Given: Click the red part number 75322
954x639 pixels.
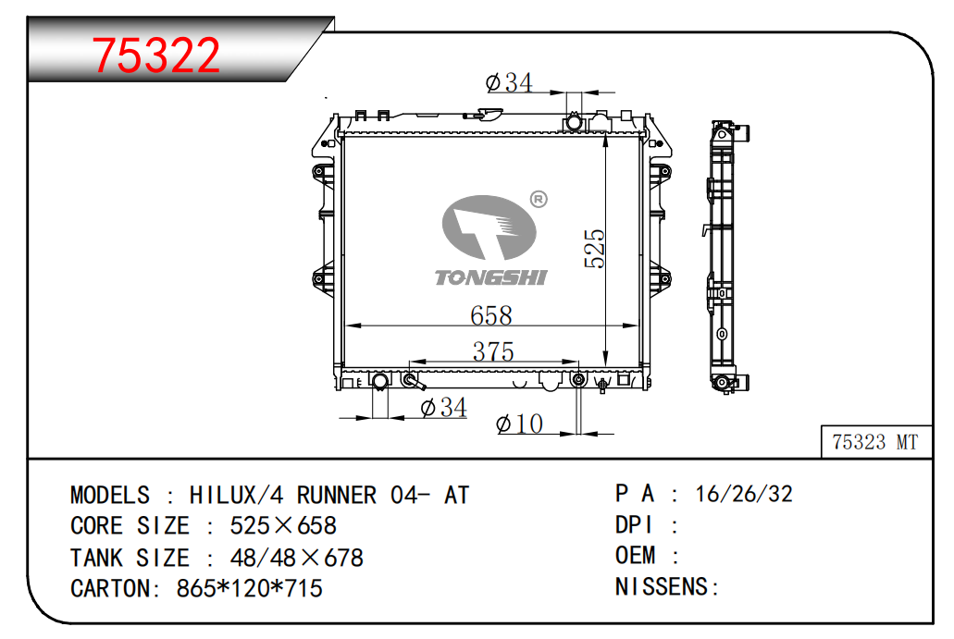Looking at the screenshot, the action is coord(155,55).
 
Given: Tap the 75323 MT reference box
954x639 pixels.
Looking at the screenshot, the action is coord(876,442).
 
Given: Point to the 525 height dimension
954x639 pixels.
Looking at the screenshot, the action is coord(594,249).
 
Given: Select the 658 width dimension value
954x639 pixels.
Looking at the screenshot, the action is coord(491,315).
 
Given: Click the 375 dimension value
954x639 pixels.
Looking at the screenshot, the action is coord(493,351).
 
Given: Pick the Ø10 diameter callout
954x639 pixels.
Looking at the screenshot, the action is coord(519,424).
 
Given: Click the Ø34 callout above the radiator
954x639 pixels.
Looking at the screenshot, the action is coord(509,82).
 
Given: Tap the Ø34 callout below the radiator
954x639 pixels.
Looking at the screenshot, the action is coord(443,408).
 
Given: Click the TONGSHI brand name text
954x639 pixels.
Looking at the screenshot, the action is coord(491,277).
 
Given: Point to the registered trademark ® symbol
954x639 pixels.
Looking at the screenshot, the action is coord(539,199).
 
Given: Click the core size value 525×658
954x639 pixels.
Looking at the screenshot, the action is coord(283,526).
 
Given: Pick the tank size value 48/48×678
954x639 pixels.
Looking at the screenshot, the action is coord(296,558).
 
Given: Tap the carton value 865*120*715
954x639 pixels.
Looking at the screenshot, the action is coord(250,588).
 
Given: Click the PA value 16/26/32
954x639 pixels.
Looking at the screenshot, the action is coord(743,494).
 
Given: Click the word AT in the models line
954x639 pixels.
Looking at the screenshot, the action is coord(457,495).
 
